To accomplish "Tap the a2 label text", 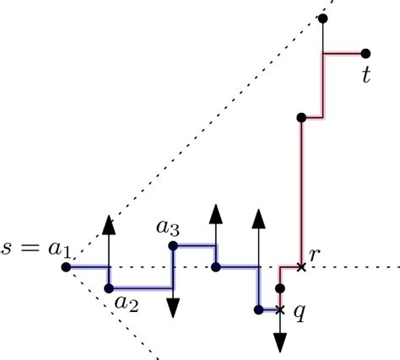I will point(126,304).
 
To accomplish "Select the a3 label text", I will point(167,227).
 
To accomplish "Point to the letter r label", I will point(315,254).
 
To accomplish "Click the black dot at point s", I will point(66,267).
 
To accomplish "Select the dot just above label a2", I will point(109,288).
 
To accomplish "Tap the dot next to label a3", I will point(173,246).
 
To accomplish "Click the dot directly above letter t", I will point(365,53).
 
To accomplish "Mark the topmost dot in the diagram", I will point(323,18).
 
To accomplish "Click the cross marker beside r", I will point(301,267).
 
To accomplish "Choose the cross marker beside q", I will point(280,309).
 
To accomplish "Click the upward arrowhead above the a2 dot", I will point(109,223).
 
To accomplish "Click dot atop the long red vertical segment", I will point(301,118).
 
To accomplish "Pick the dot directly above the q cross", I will point(280,288).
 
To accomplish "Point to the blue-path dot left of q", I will point(258,309).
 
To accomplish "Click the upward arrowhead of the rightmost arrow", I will point(258,222).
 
